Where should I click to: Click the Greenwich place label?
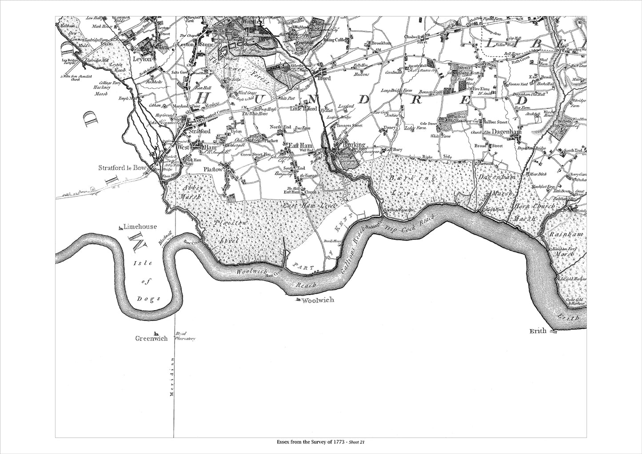(151, 339)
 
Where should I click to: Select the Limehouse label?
(140, 227)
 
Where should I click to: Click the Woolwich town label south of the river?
(318, 300)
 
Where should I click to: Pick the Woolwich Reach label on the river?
(275, 278)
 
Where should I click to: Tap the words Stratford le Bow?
(122, 168)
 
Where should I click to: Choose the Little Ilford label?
(303, 109)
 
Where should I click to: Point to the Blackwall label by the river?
(175, 235)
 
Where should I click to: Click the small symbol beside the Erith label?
(553, 331)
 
